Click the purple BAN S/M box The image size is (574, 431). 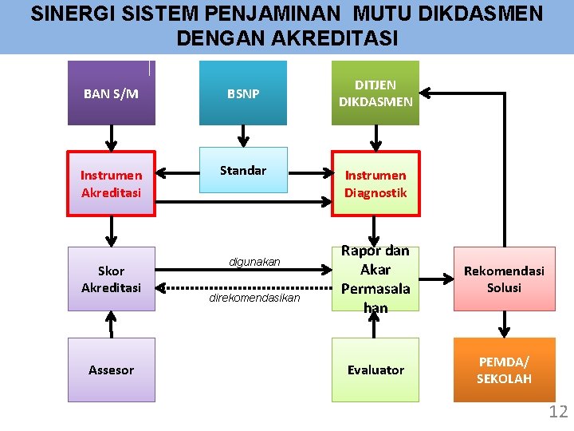point(111,93)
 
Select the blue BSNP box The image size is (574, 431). point(242,93)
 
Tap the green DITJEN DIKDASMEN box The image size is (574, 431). point(375,93)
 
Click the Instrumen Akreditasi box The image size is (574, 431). point(111,184)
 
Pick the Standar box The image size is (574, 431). point(242,170)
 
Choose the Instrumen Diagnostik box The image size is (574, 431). point(375,184)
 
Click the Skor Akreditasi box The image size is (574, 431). point(111,279)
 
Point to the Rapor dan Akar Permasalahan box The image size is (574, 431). point(375,279)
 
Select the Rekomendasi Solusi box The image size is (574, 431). point(504,279)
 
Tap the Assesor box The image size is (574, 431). point(111,370)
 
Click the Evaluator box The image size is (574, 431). point(375,370)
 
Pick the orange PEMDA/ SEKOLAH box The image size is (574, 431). point(504,370)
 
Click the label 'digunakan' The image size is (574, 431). point(254,262)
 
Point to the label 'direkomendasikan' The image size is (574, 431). point(254,298)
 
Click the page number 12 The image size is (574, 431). point(558,412)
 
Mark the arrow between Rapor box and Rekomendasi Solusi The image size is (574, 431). point(435,279)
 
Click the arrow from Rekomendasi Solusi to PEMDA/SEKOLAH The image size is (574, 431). point(504,324)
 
